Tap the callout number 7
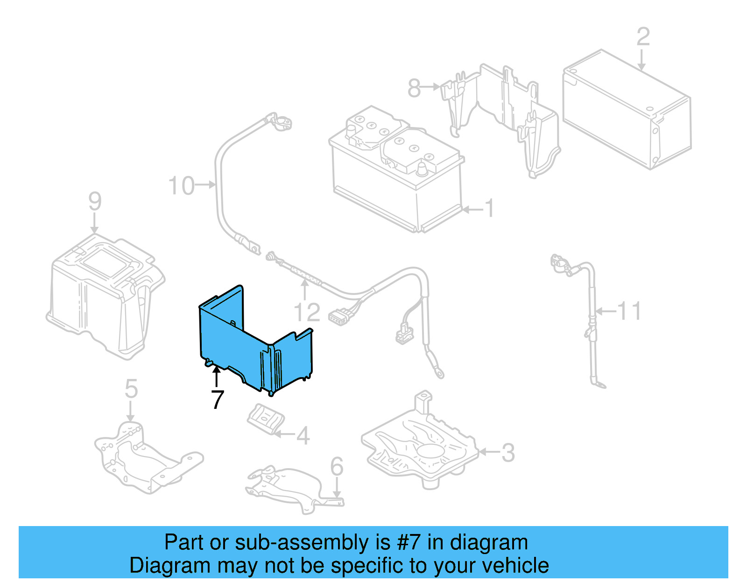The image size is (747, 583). click(x=217, y=400)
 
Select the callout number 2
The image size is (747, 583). click(x=643, y=37)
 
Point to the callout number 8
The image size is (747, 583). click(x=414, y=88)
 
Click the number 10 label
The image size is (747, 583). click(x=181, y=186)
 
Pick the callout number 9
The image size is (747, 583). click(x=95, y=201)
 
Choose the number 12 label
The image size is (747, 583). click(x=307, y=312)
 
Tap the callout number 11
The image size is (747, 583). click(x=629, y=311)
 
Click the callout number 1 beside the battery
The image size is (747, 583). click(x=489, y=208)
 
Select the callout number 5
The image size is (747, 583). click(x=131, y=388)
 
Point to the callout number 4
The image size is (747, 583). click(x=303, y=435)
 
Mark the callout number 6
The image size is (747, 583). click(x=337, y=466)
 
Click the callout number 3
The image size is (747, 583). click(x=508, y=452)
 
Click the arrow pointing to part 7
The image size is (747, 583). click(x=216, y=377)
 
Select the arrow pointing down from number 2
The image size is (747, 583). click(x=641, y=60)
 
